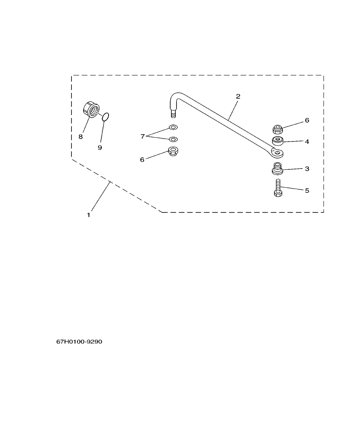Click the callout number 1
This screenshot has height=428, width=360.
pos(89,215)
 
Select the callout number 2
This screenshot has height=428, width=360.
pos(238,97)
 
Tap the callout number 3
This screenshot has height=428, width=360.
pos(307,169)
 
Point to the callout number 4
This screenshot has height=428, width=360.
pos(307,141)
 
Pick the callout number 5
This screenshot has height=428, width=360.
pos(307,190)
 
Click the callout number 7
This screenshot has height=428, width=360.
pos(143,136)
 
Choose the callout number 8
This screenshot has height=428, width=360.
pos(80,137)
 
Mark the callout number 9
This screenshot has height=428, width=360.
pos(100,147)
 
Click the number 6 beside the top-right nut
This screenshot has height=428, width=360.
pos(307,121)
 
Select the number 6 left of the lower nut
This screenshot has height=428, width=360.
pos(142,159)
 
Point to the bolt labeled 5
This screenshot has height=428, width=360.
pos(277,188)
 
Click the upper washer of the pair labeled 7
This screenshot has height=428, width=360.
pos(173,127)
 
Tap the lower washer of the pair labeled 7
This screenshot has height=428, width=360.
pos(173,139)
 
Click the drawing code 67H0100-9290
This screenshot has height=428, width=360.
pos(80,342)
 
